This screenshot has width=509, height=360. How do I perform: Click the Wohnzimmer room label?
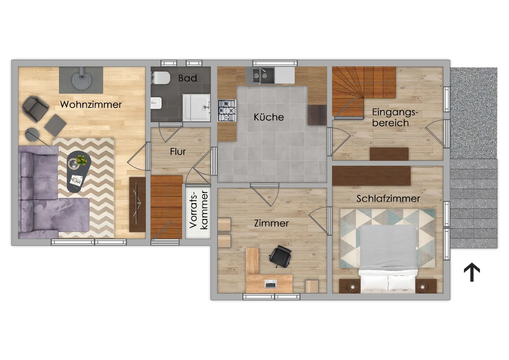(x=91, y=105)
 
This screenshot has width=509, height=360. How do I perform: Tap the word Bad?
(x=188, y=78)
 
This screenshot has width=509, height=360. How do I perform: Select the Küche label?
(x=269, y=117)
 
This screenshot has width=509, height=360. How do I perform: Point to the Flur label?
(x=178, y=152)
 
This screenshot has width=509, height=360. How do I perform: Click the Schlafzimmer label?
(x=388, y=199)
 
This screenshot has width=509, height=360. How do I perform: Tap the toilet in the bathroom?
(x=161, y=78)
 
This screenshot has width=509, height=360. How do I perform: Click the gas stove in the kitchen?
(x=227, y=111)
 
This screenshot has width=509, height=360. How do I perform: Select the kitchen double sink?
(x=260, y=76)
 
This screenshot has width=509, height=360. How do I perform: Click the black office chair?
(x=280, y=256)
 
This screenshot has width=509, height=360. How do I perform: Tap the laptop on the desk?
(x=270, y=284)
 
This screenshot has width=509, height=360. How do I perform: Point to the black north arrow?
(x=472, y=272)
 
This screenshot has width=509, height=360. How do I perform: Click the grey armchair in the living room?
(x=35, y=108)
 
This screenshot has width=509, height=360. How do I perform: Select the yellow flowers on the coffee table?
(x=81, y=160)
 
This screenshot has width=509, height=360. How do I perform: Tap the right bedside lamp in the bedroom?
(x=422, y=287)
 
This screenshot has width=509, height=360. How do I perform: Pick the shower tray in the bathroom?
(x=197, y=108)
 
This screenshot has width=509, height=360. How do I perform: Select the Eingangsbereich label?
(x=395, y=118)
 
